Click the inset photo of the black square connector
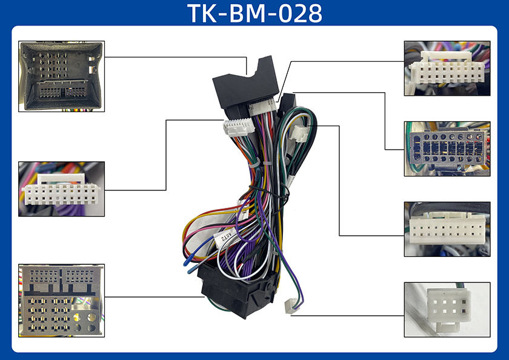click(x=61, y=76)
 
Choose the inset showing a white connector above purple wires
click(x=61, y=188)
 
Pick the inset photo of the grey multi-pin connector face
click(x=61, y=300)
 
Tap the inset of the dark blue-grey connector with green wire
click(x=447, y=148)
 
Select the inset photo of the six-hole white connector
click(x=447, y=309)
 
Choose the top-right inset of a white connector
click(x=447, y=68)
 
